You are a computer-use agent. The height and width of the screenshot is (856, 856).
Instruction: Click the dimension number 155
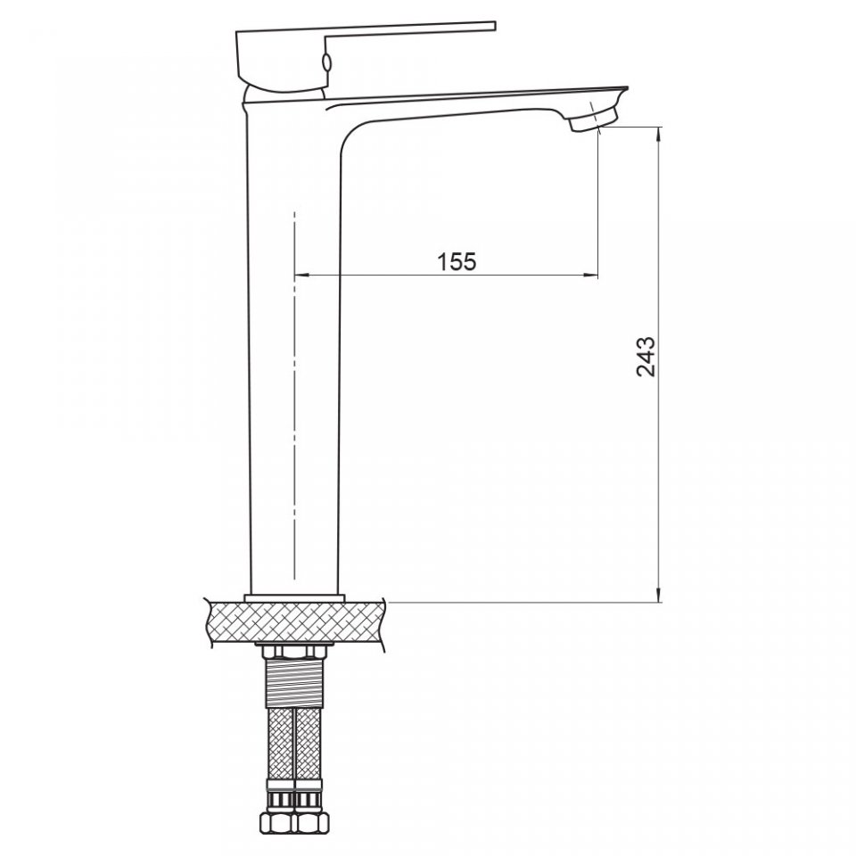coord(457,261)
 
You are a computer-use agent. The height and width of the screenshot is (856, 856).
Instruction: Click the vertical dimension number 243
coord(646,357)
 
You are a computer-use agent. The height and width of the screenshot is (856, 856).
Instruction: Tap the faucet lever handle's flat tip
coord(495,25)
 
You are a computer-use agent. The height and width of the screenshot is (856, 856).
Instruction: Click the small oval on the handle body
coord(326,63)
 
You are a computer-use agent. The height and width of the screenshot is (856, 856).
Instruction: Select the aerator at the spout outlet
coord(594,119)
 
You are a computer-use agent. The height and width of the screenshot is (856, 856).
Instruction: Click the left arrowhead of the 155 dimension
coord(301,275)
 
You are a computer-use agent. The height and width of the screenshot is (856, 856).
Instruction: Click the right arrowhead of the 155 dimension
coord(590,275)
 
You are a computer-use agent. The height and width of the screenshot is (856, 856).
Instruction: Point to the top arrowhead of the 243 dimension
coord(660,135)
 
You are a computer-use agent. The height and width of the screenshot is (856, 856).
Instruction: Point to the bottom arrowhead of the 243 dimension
coord(660,595)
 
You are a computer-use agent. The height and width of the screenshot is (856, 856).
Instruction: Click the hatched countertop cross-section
coord(295,624)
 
